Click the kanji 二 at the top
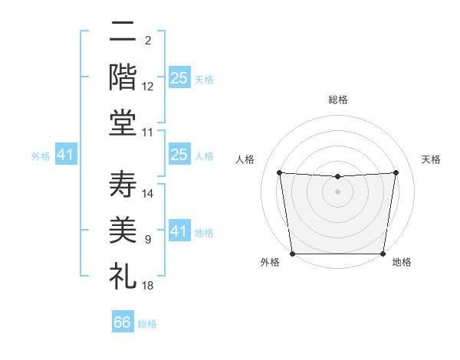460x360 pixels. click(123, 31)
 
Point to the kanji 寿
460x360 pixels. click(123, 185)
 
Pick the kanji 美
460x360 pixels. click(123, 231)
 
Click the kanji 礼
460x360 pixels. click(123, 275)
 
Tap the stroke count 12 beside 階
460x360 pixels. click(148, 87)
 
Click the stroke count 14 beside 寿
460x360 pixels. click(148, 194)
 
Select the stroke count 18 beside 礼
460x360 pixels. click(148, 285)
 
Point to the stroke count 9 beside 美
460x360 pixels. click(148, 240)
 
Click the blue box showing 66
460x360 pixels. click(123, 322)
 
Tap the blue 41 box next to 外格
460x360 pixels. click(65, 155)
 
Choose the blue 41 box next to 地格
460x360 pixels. click(179, 231)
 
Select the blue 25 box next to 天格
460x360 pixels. click(179, 78)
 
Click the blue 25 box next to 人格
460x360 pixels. click(179, 155)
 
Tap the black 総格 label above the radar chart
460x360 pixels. click(337, 100)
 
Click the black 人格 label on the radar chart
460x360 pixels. click(245, 159)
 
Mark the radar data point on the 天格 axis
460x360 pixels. click(396, 172)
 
